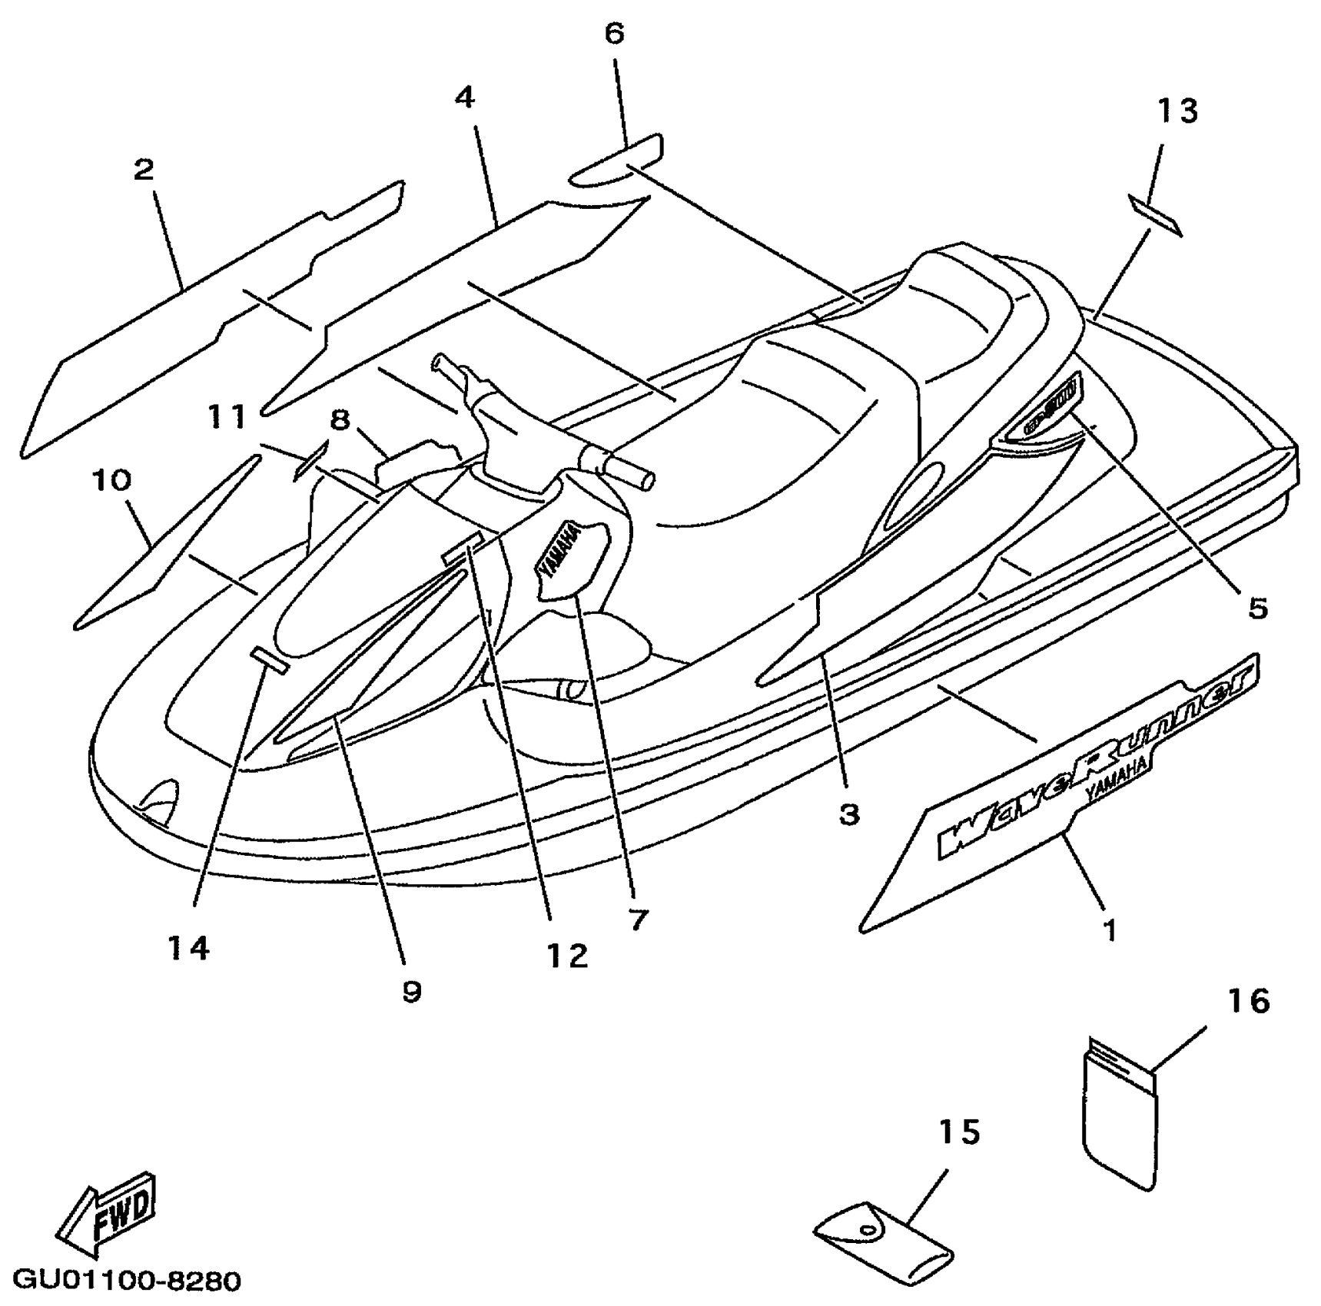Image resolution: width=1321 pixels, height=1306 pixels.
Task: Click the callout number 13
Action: tap(1178, 111)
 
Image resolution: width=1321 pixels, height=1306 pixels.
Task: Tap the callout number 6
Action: tap(615, 34)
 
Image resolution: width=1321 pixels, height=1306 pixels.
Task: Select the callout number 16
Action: tap(1249, 1001)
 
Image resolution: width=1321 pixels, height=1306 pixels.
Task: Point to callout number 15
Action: tap(960, 1132)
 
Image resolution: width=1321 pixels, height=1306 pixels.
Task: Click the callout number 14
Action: tap(189, 949)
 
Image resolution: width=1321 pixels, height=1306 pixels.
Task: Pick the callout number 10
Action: tap(112, 481)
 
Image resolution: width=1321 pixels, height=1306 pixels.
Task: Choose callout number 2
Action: tap(144, 170)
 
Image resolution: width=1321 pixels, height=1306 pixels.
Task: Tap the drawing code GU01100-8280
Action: tap(128, 1281)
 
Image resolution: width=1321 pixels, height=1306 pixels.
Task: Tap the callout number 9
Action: tap(412, 992)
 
